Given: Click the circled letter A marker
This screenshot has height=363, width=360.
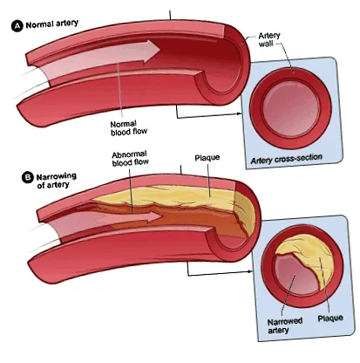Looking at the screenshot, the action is (17, 26).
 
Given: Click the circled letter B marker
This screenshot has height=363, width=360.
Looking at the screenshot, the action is (28, 178).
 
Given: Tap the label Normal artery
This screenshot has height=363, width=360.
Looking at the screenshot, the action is (52, 24).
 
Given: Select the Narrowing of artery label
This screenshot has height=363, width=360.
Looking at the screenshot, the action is (57, 181).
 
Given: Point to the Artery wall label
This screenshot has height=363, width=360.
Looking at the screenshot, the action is (269, 39).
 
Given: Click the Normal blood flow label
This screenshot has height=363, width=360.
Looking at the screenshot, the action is (129, 128).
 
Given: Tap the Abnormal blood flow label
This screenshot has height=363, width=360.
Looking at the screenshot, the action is (130, 158).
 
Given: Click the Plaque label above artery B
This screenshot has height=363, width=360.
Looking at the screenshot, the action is (207, 158).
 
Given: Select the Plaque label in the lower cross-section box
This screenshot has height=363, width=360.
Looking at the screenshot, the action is (330, 318).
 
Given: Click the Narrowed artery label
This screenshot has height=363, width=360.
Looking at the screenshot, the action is (285, 325).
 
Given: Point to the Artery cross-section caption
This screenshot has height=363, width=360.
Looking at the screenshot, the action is (287, 159).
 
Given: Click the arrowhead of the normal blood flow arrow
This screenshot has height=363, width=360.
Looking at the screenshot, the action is (152, 51).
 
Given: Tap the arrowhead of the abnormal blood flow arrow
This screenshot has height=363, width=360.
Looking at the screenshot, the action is (154, 216).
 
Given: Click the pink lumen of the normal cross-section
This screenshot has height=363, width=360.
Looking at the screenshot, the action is (290, 109).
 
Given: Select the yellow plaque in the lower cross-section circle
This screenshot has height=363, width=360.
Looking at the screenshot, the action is (312, 257).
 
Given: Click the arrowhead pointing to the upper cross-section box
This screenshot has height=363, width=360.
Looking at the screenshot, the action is (239, 113).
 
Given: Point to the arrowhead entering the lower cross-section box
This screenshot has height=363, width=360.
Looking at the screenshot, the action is (250, 271).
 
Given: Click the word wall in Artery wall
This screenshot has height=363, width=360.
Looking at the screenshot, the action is (266, 44).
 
